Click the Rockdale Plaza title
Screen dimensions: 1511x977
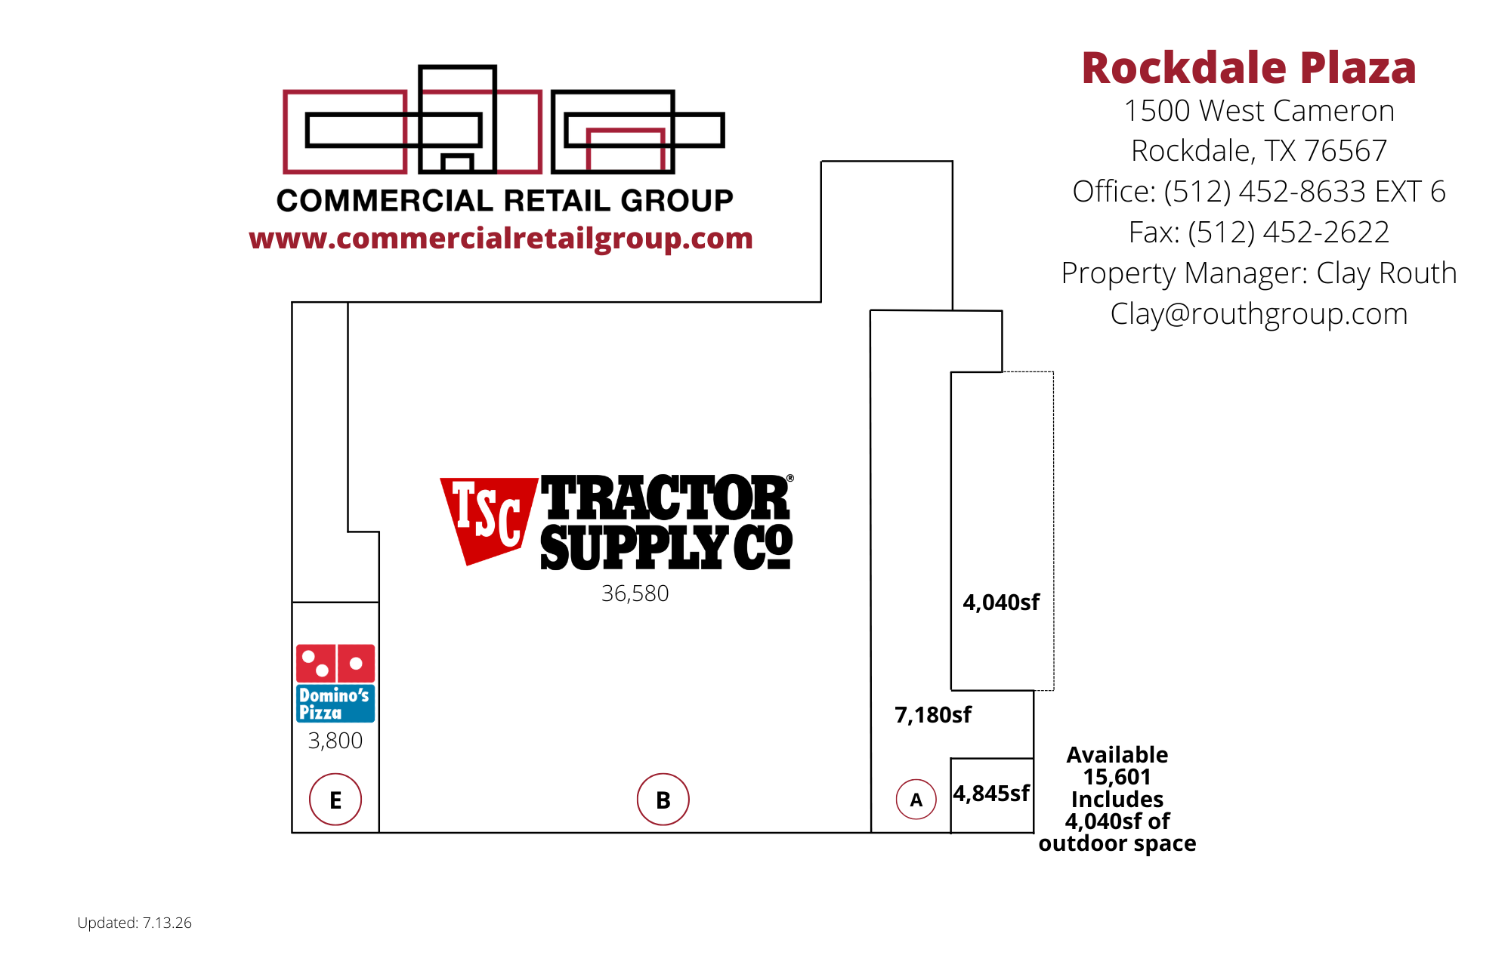[1249, 68]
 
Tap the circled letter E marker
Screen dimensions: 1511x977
[335, 800]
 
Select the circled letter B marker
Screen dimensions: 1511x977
[663, 800]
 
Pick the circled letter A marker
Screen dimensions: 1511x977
[916, 800]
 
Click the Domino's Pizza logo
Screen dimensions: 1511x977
[335, 683]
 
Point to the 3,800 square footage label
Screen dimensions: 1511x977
[335, 741]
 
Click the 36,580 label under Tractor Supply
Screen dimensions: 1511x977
[635, 593]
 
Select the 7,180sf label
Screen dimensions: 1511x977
[933, 715]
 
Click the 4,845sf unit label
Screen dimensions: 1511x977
[991, 794]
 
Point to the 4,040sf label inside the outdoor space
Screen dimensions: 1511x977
[1001, 603]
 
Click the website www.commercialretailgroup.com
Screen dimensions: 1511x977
[501, 239]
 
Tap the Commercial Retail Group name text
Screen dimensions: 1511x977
[505, 201]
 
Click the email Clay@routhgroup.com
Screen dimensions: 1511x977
[1259, 314]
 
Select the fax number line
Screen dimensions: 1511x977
[1259, 233]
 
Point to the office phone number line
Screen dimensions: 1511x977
[1259, 192]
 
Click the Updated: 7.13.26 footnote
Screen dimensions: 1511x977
[134, 923]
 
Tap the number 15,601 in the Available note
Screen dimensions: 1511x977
[1117, 777]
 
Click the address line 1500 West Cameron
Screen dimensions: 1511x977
[1259, 111]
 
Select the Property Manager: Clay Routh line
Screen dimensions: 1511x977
[1259, 273]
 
